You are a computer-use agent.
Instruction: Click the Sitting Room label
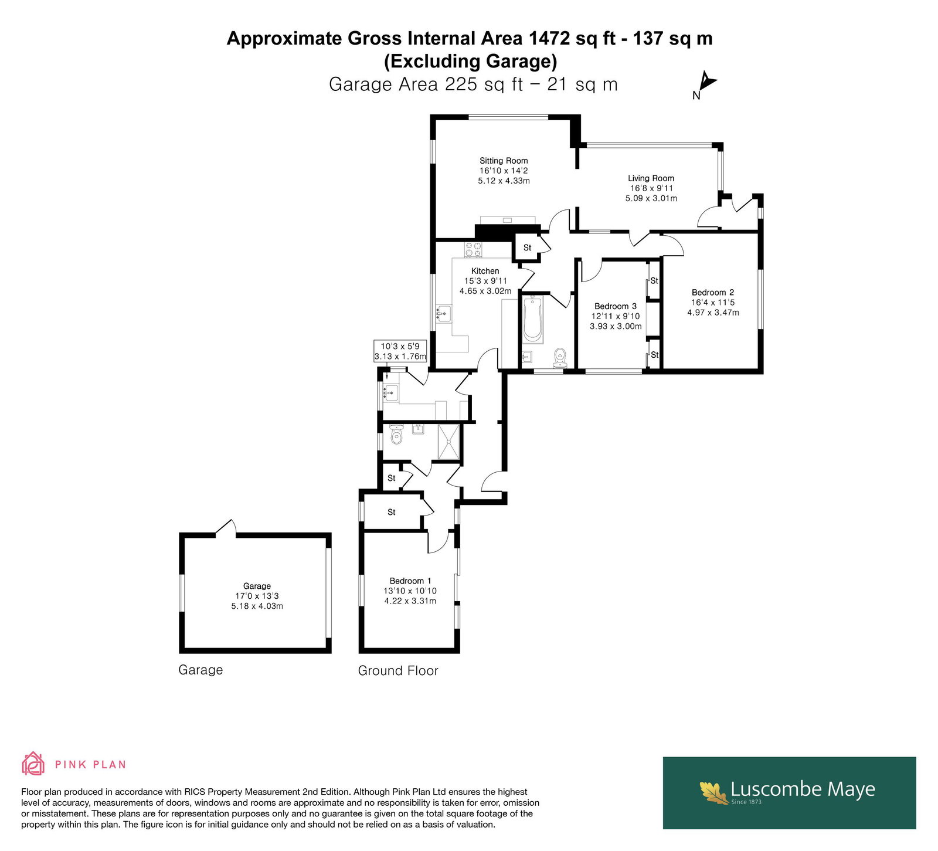504,161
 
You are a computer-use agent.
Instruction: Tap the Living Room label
651,178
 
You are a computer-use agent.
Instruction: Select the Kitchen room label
485,271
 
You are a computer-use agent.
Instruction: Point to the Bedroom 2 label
713,293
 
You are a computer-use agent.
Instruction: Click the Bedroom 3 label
616,306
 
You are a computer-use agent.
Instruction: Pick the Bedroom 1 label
410,581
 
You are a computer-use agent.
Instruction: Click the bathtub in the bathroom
533,319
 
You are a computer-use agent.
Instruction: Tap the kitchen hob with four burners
473,250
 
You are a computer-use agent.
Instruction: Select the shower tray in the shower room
450,442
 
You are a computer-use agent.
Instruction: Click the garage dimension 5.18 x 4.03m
257,606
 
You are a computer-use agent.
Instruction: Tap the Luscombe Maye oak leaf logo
714,792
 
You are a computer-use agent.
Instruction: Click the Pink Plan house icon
33,764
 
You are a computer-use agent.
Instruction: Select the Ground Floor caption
398,670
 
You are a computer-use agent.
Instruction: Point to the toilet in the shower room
397,435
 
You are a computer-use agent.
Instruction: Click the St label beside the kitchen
527,247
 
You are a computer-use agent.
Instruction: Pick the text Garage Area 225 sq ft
426,84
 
